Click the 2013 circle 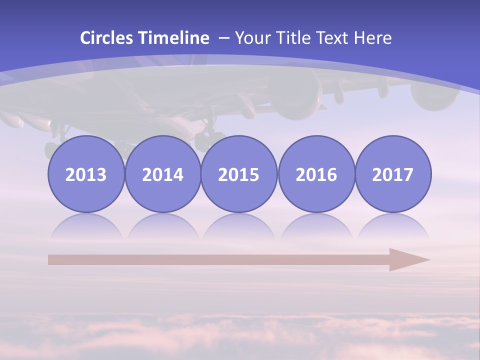click(86, 174)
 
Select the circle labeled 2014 click(162, 174)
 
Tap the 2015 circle click(239, 174)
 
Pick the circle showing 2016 click(316, 174)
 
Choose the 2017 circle click(392, 174)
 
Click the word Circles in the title click(107, 38)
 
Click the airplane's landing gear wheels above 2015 click(210, 139)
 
